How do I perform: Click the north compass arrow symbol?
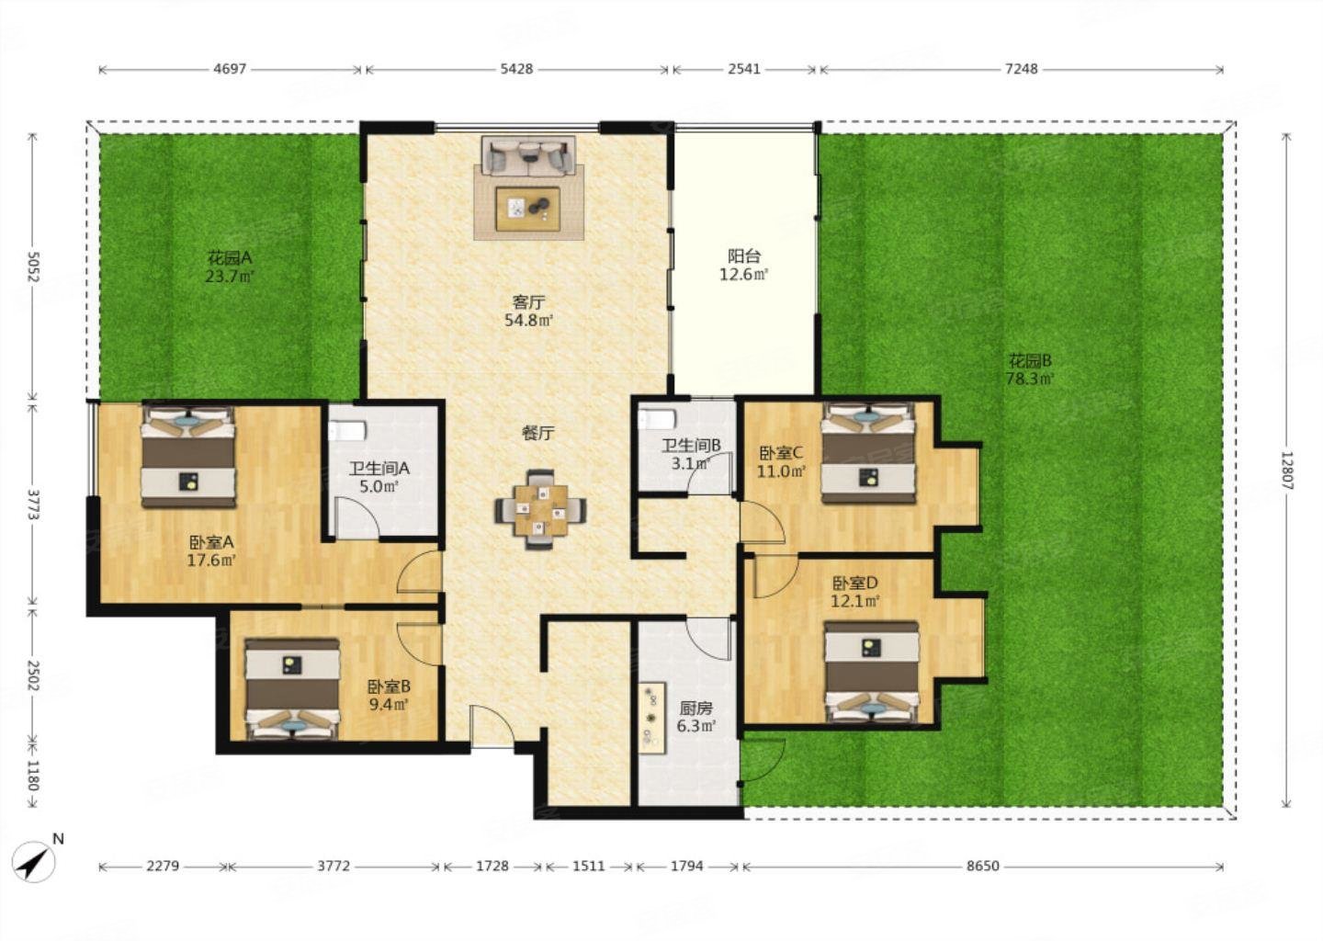tap(35, 862)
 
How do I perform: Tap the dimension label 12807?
tap(1286, 470)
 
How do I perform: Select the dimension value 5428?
tap(516, 69)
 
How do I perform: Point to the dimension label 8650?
tap(983, 866)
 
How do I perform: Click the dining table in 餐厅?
tap(540, 510)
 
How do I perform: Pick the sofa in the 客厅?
tap(528, 155)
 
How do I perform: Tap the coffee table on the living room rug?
tap(528, 209)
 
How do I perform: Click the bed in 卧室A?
tap(188, 456)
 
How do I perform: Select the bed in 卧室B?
tap(292, 689)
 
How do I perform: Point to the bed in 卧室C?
tap(868, 453)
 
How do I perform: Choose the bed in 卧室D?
tap(872, 673)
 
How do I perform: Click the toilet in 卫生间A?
tap(348, 431)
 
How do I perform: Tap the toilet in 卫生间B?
tap(656, 420)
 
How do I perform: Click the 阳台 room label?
tap(743, 256)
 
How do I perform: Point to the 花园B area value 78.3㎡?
tap(1030, 379)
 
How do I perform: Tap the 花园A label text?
tap(230, 257)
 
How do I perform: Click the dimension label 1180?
tap(32, 776)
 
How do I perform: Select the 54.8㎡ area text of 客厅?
tap(528, 320)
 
